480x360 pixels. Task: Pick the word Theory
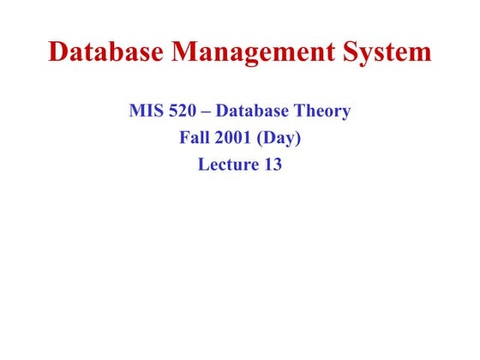pos(323,112)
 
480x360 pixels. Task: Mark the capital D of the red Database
pos(59,52)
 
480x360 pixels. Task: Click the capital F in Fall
pos(184,138)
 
